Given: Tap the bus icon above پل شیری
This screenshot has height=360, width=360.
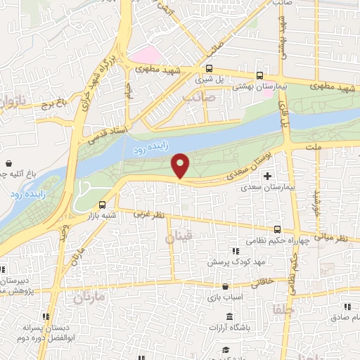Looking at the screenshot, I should (x=209, y=68).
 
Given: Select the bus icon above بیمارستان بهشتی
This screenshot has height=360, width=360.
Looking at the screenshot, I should (x=260, y=75).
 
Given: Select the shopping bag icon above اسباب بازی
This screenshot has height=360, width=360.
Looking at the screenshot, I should (x=224, y=287).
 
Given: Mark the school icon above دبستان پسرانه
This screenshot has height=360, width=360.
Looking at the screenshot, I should (x=46, y=316).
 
